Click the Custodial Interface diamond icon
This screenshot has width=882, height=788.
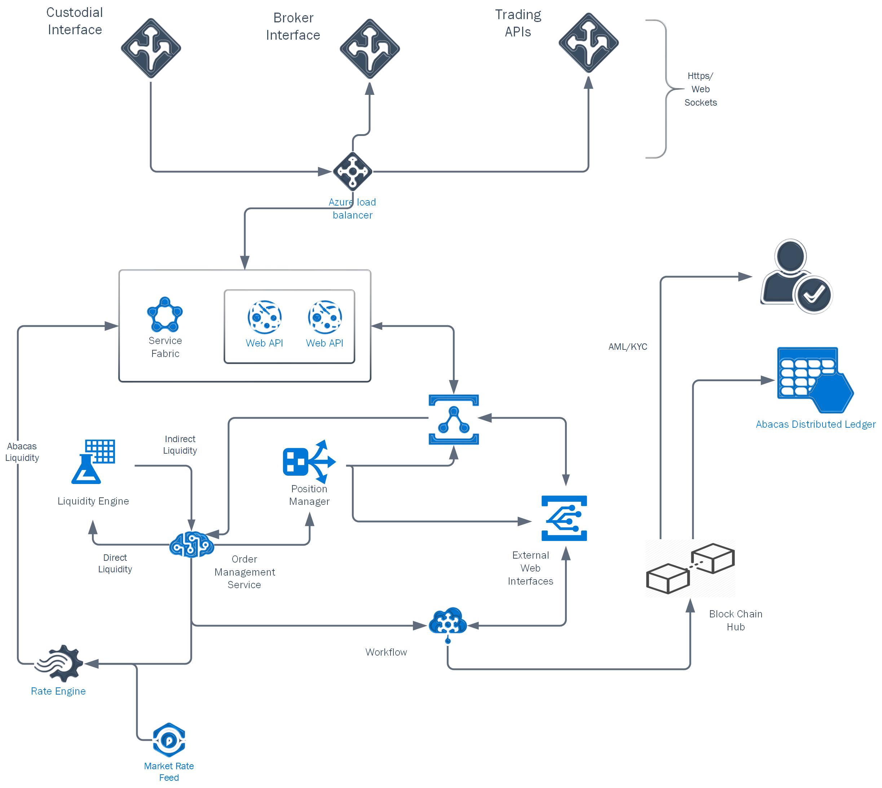(151, 48)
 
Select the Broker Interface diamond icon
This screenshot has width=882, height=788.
(369, 48)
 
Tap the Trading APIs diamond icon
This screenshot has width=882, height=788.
(588, 43)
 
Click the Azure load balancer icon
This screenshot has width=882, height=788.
(352, 171)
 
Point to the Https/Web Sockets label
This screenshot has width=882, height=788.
(700, 89)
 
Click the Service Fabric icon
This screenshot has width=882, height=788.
(164, 315)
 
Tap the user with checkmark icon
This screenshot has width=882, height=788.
(796, 277)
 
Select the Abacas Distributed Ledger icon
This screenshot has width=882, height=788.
(813, 380)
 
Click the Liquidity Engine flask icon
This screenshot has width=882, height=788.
(93, 462)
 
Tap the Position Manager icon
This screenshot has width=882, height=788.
(309, 462)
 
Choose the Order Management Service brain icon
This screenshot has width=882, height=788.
(191, 545)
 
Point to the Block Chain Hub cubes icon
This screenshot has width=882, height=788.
(690, 568)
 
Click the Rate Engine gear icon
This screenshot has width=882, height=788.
(59, 663)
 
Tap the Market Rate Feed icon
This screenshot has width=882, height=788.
(169, 740)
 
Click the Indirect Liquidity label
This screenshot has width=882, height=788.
(180, 445)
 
